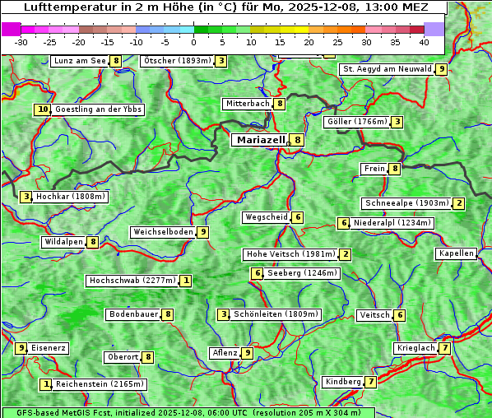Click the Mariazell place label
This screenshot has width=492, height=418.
point(261,140)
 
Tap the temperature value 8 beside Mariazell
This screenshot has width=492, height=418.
point(297,140)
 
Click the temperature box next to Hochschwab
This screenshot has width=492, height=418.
point(187,281)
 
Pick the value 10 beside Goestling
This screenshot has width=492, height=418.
point(42,109)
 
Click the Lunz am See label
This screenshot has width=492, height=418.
point(80,61)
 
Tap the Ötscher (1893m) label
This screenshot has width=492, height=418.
point(178,61)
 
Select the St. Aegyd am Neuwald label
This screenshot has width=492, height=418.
point(387,69)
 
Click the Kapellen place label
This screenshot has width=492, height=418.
point(456,253)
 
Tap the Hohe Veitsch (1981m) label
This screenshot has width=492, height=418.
point(291,254)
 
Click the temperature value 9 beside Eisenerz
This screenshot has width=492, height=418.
point(22,348)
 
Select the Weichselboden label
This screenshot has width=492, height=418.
point(163,232)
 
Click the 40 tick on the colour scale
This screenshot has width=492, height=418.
point(424,41)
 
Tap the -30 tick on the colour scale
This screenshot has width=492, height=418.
point(21,41)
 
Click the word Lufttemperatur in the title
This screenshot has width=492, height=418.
point(62,7)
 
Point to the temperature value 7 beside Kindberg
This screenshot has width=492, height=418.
point(371,382)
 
